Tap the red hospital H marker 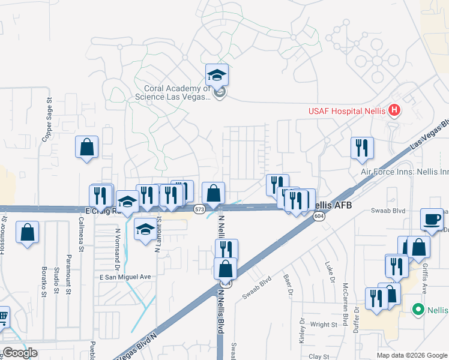click(394, 110)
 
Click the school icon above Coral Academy click(217, 75)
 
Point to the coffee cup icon click(432, 219)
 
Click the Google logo click(20, 353)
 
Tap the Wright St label click(324, 325)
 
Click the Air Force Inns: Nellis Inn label click(404, 171)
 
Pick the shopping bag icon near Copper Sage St click(86, 147)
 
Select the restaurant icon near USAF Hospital click(362, 148)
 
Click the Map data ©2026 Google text click(411, 355)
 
